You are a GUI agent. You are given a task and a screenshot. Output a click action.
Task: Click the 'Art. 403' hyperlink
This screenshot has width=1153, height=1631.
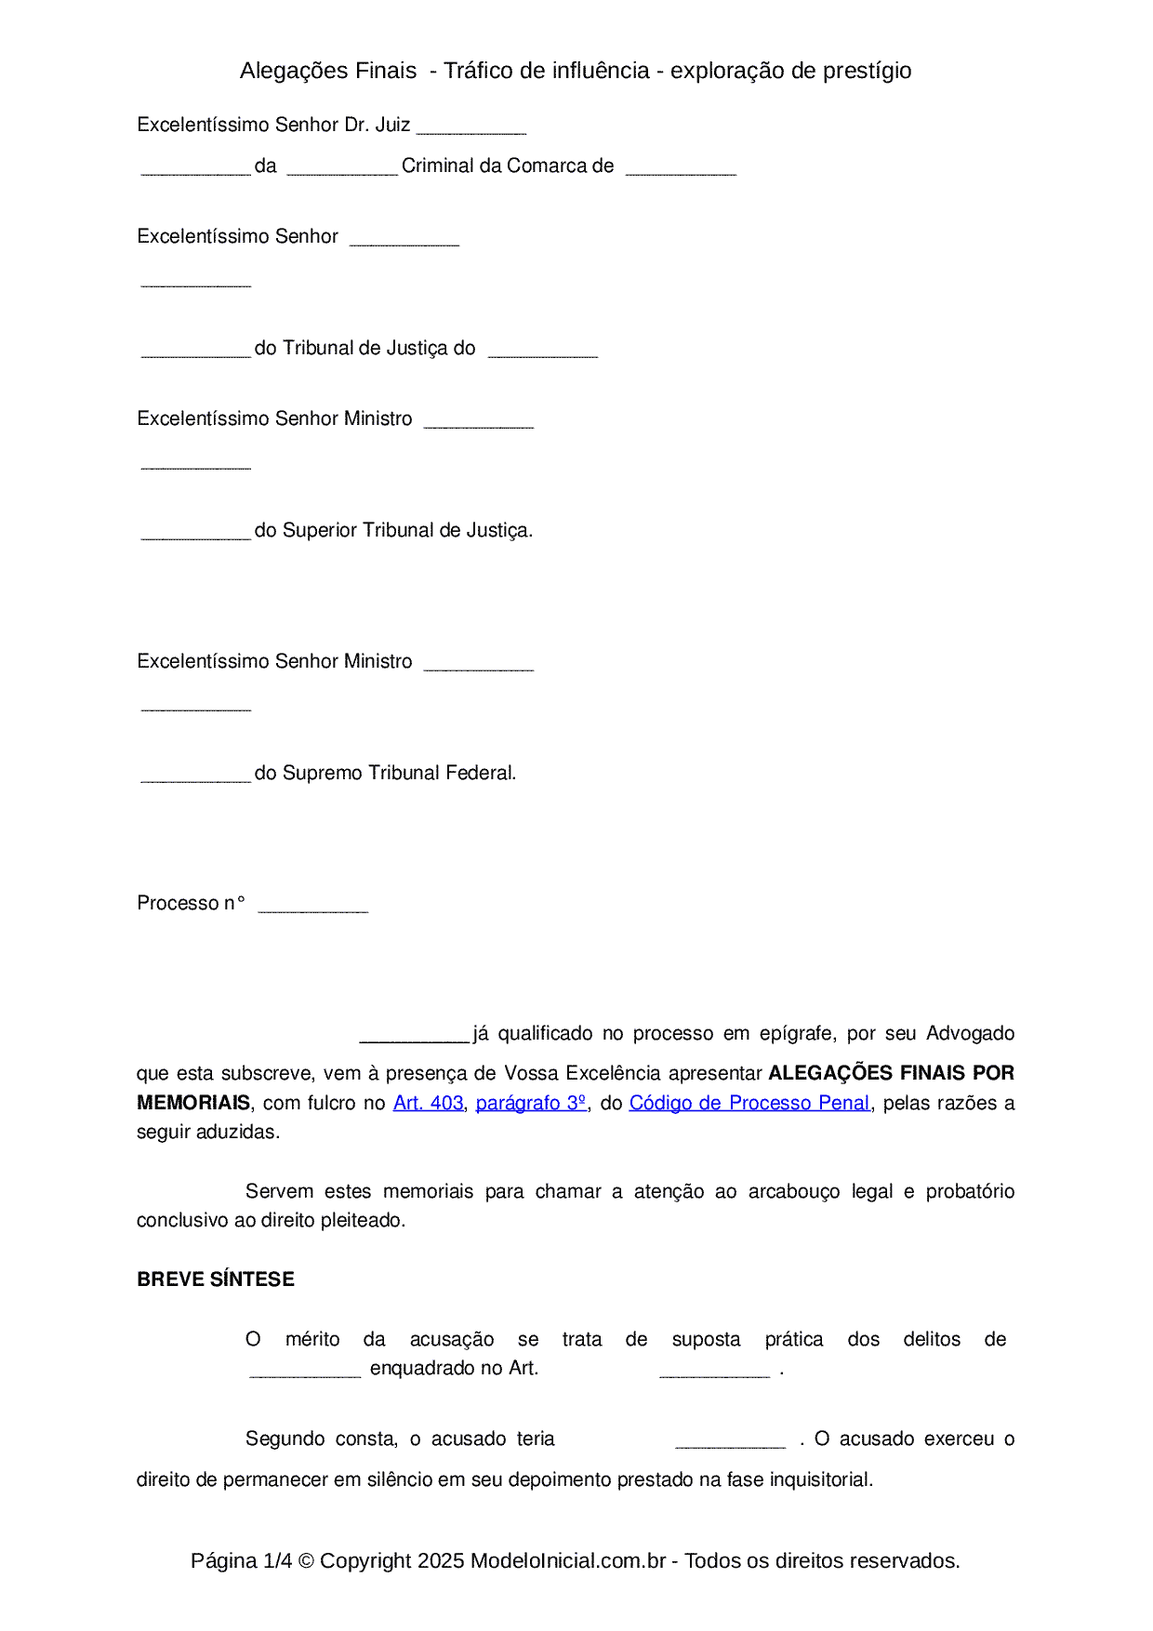(428, 1103)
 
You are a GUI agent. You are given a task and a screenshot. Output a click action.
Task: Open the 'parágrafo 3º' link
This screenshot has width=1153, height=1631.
(531, 1103)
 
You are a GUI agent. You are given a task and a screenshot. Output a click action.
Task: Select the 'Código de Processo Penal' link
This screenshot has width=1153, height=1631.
(749, 1103)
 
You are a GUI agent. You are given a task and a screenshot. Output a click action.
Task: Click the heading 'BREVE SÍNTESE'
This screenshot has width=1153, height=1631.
(216, 1280)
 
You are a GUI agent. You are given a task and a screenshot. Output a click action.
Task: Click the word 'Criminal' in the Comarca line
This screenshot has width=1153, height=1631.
(437, 166)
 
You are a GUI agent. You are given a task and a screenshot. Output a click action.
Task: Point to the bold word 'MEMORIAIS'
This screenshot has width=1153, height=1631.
(193, 1103)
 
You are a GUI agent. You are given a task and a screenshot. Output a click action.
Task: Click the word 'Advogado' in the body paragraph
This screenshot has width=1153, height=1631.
(970, 1034)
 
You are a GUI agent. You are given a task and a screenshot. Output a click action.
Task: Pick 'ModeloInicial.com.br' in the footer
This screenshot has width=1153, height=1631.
(568, 1561)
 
